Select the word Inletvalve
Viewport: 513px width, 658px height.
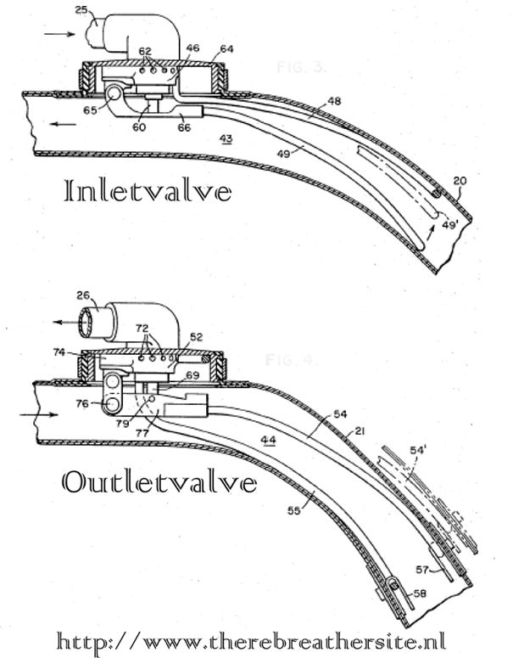click(148, 191)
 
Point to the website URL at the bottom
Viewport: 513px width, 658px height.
click(252, 638)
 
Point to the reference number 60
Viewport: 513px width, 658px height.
click(138, 127)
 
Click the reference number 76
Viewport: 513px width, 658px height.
click(81, 404)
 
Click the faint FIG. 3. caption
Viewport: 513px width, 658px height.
click(299, 65)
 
